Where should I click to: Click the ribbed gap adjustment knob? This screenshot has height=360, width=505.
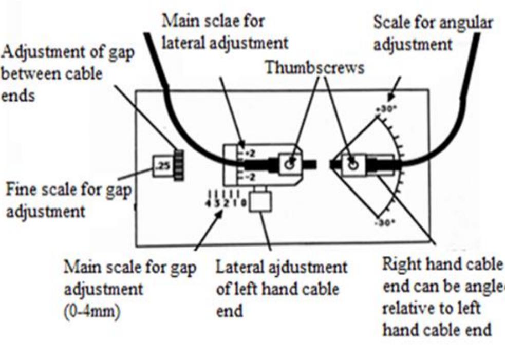179,165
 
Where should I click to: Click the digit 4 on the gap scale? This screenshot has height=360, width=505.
208,204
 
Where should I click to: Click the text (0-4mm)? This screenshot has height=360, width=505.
92,313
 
